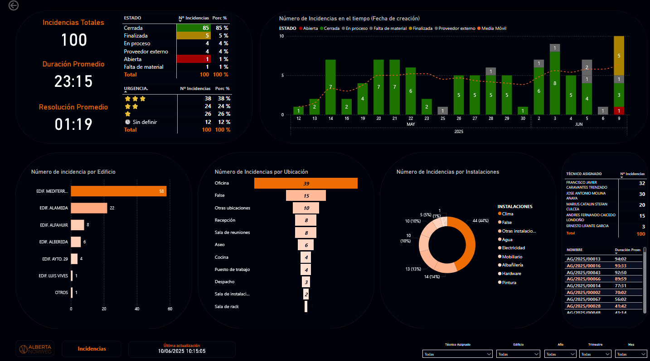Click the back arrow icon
click(x=14, y=5)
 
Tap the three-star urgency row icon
click(x=135, y=99)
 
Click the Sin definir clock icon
click(x=128, y=122)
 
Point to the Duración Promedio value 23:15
click(x=73, y=82)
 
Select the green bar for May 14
click(x=330, y=87)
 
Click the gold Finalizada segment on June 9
click(x=619, y=55)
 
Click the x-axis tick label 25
click(x=443, y=119)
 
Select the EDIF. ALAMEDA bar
click(x=89, y=208)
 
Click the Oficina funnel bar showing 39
click(x=306, y=183)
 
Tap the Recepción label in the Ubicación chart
click(x=225, y=220)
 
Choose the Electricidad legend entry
click(x=513, y=248)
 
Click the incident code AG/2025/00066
click(x=583, y=279)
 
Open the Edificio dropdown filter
click(x=518, y=354)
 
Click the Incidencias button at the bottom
click(x=92, y=349)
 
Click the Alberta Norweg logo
click(x=35, y=349)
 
